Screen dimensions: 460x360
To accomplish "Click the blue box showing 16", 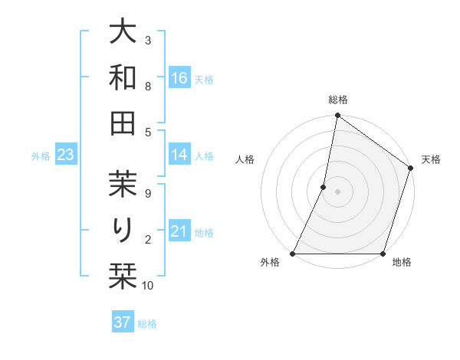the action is coord(179,78).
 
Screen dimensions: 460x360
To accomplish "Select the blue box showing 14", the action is coord(179,155).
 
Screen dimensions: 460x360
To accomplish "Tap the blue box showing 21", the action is coord(179,231).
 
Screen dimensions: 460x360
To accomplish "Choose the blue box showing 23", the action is coord(66,155).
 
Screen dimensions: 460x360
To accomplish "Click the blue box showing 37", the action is coord(123,322).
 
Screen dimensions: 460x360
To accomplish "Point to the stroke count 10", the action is coord(148,286).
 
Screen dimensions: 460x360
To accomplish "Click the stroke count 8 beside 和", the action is coord(148,87).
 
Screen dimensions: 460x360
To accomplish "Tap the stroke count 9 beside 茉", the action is coord(148,193).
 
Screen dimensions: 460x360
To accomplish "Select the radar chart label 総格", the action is coord(338,100).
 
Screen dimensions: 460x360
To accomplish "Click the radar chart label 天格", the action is coord(431,159).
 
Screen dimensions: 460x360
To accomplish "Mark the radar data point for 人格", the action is coord(324,187).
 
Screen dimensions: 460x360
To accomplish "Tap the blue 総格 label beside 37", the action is coord(147,324).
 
